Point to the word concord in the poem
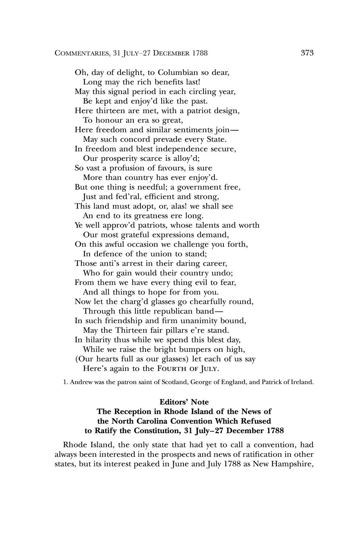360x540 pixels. pos(132,139)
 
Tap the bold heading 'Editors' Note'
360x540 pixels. pos(184,402)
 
